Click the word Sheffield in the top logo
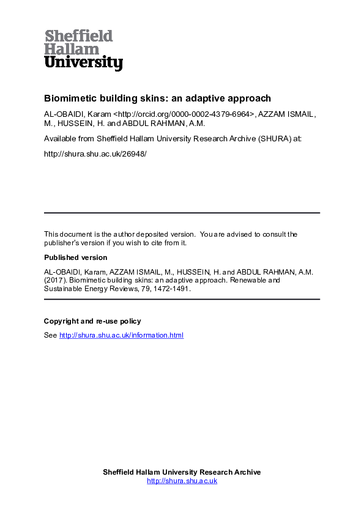[x=78, y=35]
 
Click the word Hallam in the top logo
[x=72, y=49]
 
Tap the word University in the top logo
[x=84, y=62]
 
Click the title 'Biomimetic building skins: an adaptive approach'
[x=157, y=98]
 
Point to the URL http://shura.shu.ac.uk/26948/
[x=95, y=154]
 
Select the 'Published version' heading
[x=75, y=257]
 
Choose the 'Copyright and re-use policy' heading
[x=92, y=321]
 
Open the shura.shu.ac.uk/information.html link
[x=121, y=335]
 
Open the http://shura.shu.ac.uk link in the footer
[x=182, y=481]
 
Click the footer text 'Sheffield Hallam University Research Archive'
[x=182, y=472]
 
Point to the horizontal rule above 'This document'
[x=182, y=213]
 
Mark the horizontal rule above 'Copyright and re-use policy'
[x=182, y=300]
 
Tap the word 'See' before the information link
[x=50, y=335]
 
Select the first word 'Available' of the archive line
[x=59, y=139]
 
